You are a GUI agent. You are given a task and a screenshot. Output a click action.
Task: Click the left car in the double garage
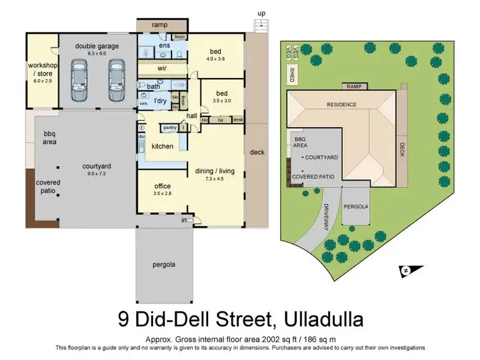[x=81, y=81]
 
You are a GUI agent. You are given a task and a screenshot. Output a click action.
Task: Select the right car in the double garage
[x=115, y=81]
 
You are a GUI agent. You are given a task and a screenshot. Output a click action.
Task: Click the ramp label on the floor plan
[x=159, y=25]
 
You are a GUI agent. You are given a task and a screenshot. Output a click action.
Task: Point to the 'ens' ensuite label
[x=164, y=45]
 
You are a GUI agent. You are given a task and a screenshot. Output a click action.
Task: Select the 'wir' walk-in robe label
[x=162, y=67]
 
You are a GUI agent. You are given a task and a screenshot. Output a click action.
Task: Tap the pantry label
[x=170, y=128]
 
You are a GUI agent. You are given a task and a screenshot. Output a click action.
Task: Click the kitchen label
[x=162, y=146]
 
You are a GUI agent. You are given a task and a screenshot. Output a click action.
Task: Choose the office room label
[x=162, y=185]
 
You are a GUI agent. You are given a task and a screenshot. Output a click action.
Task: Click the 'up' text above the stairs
[x=260, y=13]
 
